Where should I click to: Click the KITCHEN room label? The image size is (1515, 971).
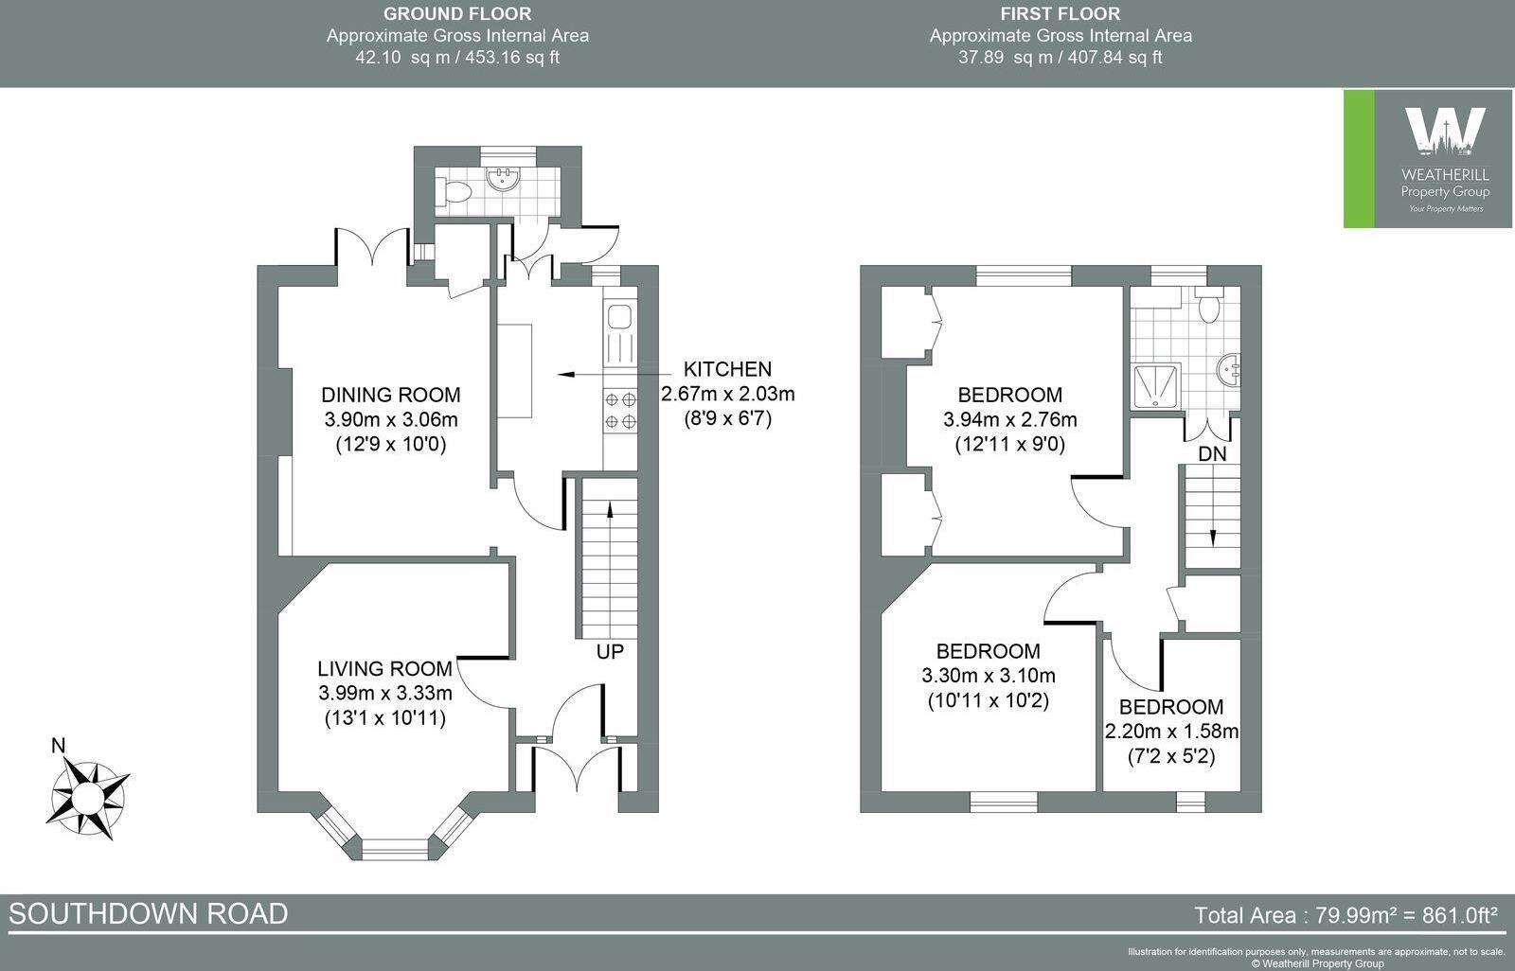[727, 369]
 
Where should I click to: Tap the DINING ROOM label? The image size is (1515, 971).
[390, 395]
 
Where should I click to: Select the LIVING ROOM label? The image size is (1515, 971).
[384, 669]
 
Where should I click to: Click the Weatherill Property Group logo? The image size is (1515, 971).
[1429, 159]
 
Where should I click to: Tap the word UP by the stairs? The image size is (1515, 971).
[610, 652]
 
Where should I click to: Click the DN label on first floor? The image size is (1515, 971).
[1212, 454]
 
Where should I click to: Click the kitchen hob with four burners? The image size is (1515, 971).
[620, 410]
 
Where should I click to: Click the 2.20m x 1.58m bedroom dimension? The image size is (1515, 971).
[1171, 732]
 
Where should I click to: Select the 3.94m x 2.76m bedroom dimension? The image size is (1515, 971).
[1009, 419]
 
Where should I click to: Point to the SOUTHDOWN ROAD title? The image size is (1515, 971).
[149, 913]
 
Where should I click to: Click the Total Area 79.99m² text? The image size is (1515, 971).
[1346, 915]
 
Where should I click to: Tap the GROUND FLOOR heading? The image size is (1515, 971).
[457, 13]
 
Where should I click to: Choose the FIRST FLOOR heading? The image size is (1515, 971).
[1060, 13]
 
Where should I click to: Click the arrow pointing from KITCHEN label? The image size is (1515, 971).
[579, 375]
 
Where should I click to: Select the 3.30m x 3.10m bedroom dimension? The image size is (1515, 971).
[988, 676]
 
